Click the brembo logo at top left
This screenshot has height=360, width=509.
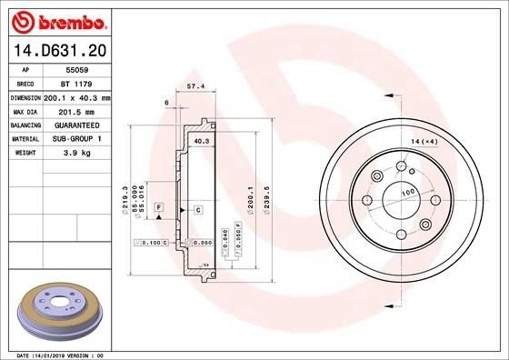point(59,19)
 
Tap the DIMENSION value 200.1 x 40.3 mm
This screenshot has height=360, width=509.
point(77,96)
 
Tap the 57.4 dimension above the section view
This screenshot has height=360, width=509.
point(194,86)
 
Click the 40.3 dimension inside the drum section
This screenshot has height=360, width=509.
point(202,142)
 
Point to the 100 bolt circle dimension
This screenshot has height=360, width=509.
point(408,193)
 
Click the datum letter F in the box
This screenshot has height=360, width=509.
point(158,208)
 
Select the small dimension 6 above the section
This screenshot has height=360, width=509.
point(168,103)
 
